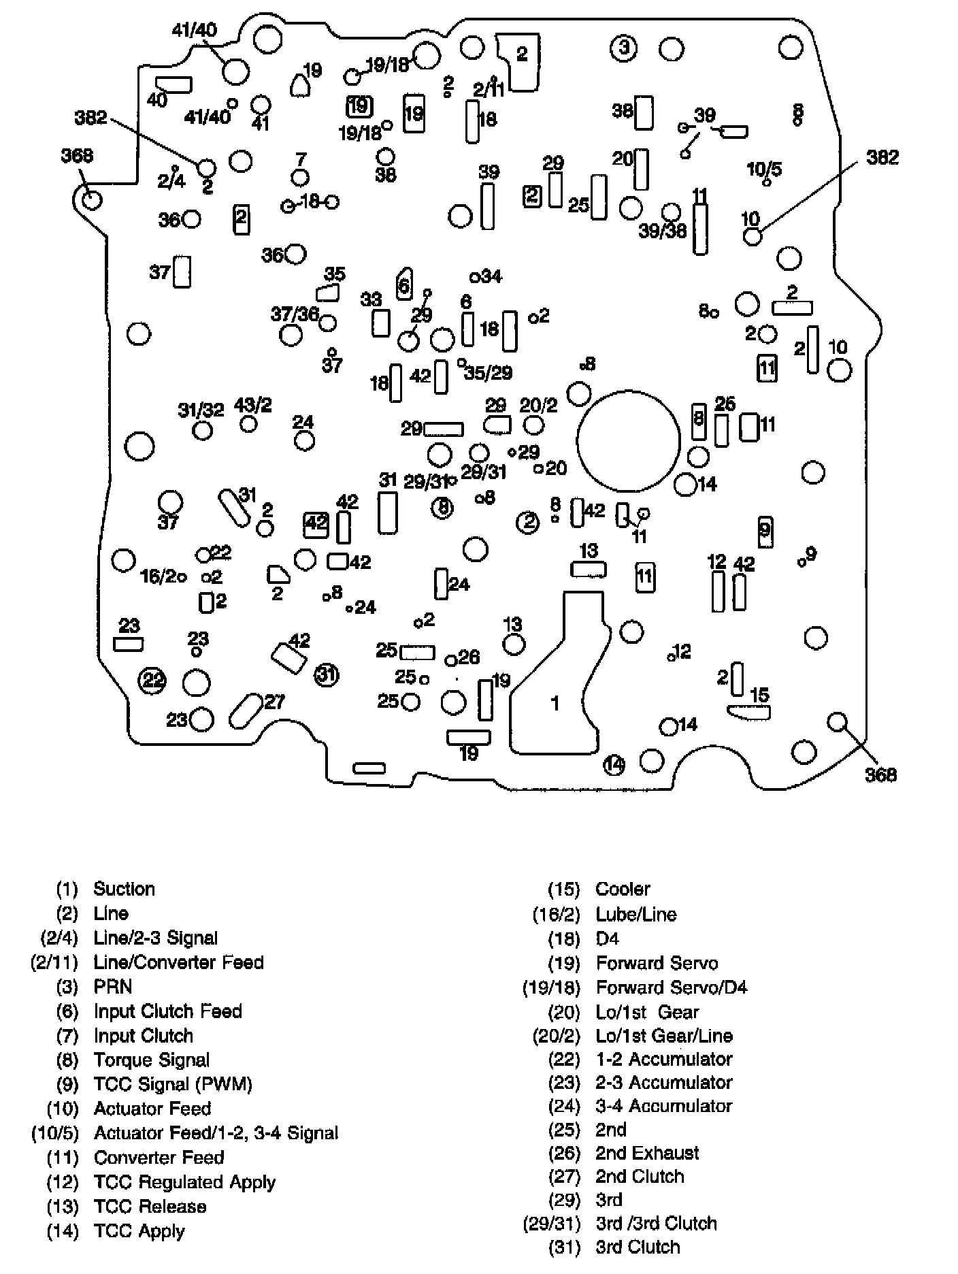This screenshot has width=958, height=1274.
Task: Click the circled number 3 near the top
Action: (x=623, y=48)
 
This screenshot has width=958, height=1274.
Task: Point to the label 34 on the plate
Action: (x=491, y=276)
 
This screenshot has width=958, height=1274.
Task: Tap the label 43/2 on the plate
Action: (x=252, y=406)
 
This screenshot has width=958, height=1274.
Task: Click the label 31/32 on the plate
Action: (x=201, y=410)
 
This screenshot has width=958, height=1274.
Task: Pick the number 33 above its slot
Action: (x=371, y=299)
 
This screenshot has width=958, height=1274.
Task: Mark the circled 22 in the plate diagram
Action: (x=152, y=679)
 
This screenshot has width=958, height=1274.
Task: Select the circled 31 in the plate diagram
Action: (x=327, y=674)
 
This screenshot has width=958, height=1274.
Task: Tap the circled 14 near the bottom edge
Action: (x=614, y=764)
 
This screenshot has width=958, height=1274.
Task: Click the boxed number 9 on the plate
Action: (x=765, y=530)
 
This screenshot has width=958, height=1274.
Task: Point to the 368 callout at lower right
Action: (x=880, y=774)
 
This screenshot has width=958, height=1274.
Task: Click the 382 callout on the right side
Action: (x=882, y=158)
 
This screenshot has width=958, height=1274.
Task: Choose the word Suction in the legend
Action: (x=124, y=889)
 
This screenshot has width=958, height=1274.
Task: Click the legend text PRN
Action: (x=113, y=987)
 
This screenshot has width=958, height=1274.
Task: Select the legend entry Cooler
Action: (x=623, y=889)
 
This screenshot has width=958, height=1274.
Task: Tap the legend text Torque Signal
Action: (x=152, y=1060)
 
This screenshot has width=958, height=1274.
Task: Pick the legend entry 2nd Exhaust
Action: (x=647, y=1153)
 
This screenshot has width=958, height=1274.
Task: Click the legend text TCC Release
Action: (x=150, y=1206)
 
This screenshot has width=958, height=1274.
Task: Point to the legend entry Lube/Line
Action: (x=636, y=914)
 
